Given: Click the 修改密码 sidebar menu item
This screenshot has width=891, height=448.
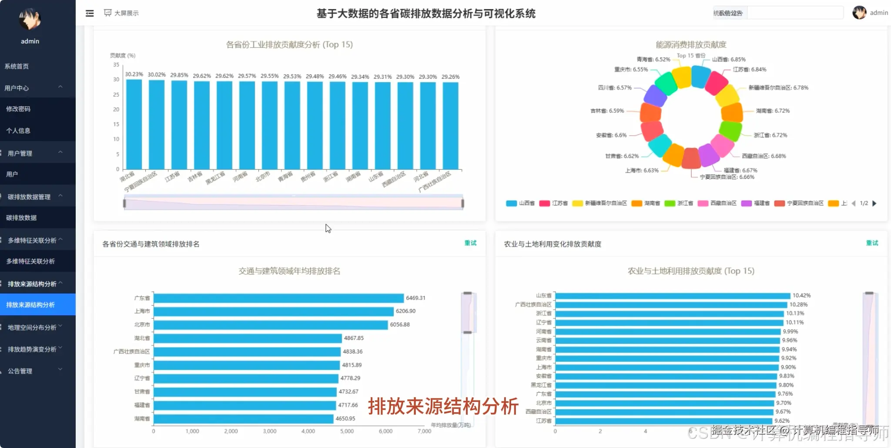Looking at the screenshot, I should point(18,109).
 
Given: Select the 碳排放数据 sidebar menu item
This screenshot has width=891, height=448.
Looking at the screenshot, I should point(21,218).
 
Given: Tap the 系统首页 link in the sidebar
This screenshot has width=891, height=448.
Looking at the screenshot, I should point(17,66).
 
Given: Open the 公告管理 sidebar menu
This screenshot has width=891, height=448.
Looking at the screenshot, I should point(20,371).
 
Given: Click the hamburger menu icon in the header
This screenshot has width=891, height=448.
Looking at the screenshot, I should point(90,13).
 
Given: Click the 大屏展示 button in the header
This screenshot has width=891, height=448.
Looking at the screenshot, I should point(121,13).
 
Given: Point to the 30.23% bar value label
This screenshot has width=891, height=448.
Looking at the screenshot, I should point(134,74).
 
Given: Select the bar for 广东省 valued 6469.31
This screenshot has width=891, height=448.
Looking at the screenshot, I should point(278,298).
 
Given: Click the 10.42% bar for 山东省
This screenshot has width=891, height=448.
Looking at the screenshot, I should point(672,296).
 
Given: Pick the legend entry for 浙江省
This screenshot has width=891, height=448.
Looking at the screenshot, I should point(679,203).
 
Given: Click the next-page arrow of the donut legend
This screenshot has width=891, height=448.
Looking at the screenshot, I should point(874,203).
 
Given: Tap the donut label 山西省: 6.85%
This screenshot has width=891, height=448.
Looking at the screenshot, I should point(729,59).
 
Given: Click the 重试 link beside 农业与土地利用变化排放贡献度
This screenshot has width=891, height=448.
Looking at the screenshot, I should point(872,243).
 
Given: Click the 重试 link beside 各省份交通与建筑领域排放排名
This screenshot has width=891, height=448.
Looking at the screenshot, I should point(470,243).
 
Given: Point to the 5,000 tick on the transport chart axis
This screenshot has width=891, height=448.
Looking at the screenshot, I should point(347,431).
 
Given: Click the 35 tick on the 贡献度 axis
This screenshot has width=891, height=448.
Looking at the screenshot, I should point(116,65).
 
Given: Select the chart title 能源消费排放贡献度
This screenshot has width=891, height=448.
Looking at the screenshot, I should point(691,44).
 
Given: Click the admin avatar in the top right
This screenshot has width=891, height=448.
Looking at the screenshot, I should point(859,13).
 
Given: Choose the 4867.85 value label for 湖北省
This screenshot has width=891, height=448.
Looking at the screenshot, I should point(354,338).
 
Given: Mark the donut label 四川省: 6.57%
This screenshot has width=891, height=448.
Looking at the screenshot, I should point(615,88).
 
